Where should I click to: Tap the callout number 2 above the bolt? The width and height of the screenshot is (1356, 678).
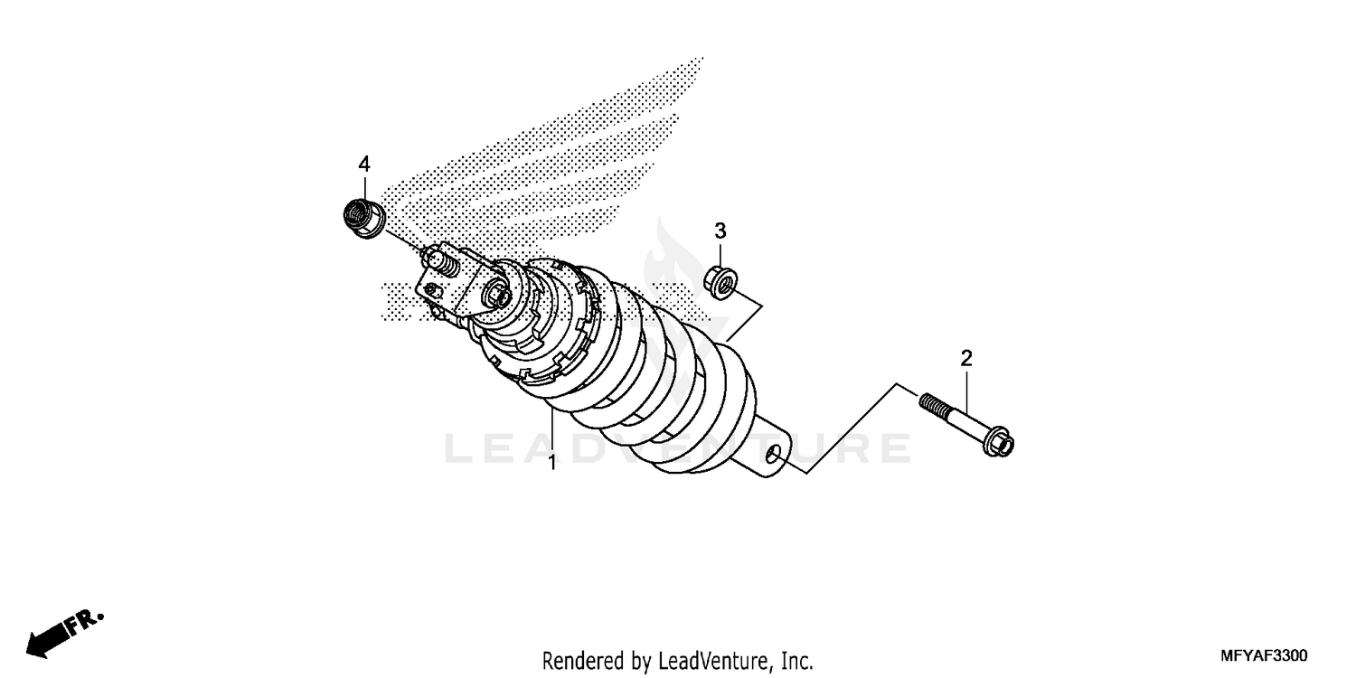click(966, 359)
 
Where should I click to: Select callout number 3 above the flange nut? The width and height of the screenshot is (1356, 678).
click(720, 231)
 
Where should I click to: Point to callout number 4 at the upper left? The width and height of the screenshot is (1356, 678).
click(364, 164)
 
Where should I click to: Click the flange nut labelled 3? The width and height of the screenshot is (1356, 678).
click(721, 281)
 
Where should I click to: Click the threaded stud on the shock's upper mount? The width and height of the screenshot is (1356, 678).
click(438, 264)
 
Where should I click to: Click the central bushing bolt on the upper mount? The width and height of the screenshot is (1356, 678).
click(496, 294)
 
